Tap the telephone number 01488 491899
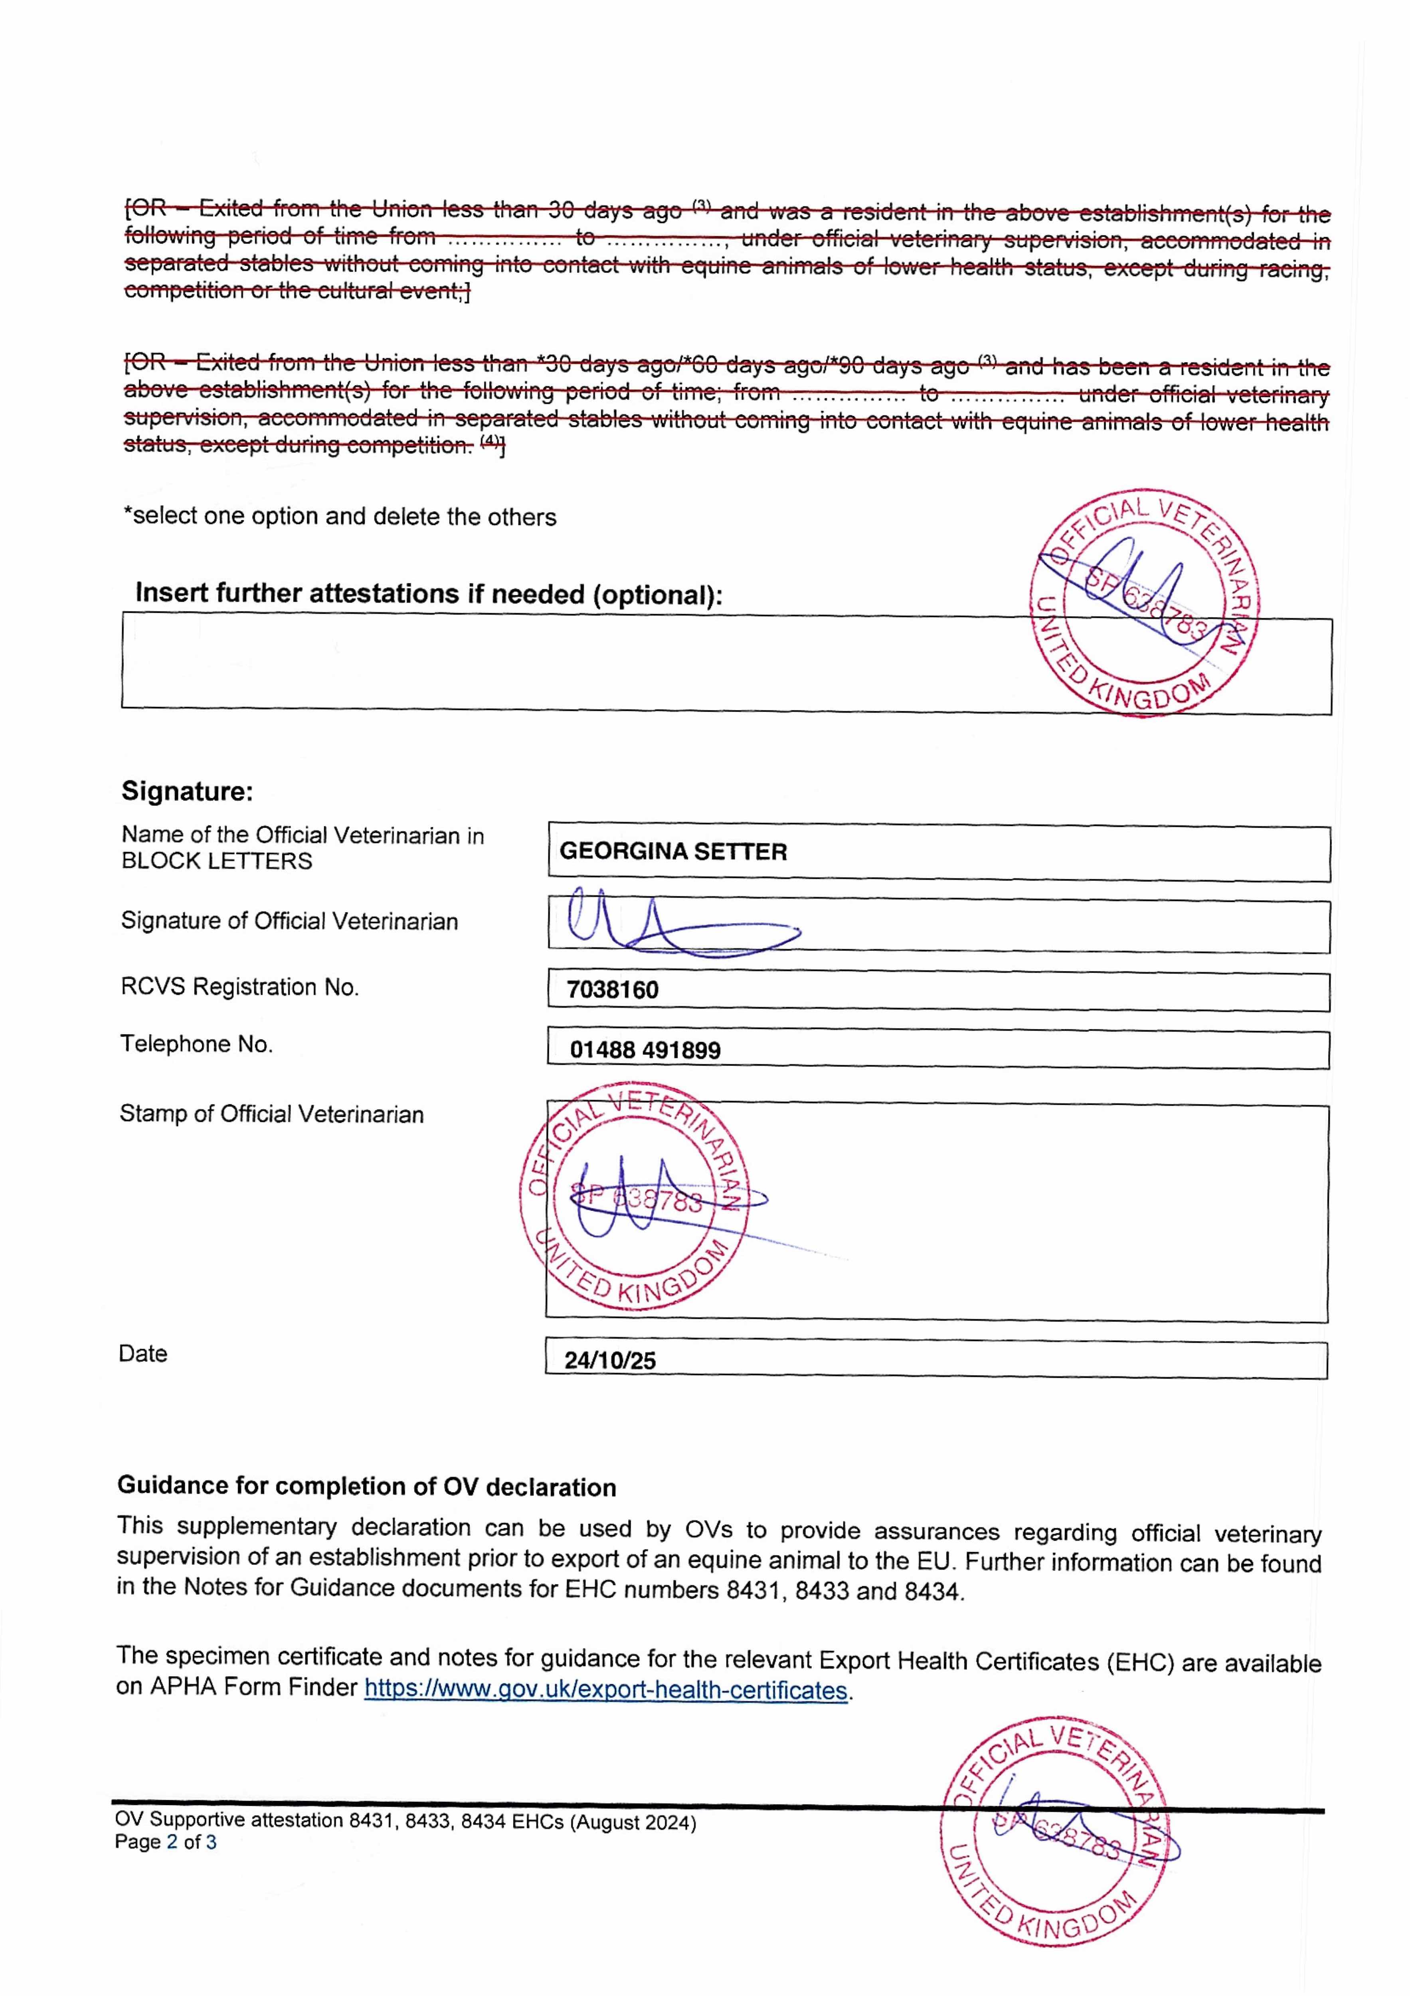pyautogui.click(x=645, y=1050)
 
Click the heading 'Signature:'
pyautogui.click(x=187, y=791)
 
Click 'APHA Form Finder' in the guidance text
pyautogui.click(x=253, y=1687)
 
